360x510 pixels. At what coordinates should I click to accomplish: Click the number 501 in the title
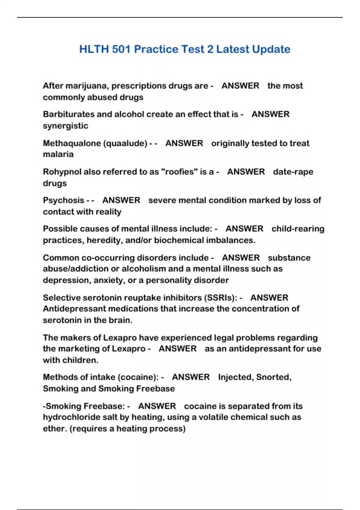(x=121, y=49)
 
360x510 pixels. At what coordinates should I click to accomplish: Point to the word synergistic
(x=65, y=126)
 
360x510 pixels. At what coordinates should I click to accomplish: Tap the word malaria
(x=58, y=154)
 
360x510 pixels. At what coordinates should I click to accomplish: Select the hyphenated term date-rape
(x=293, y=172)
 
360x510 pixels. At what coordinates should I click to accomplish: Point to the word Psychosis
(x=64, y=200)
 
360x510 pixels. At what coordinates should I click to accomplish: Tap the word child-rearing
(x=298, y=229)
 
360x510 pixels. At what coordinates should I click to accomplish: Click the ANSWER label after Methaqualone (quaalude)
(x=184, y=143)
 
